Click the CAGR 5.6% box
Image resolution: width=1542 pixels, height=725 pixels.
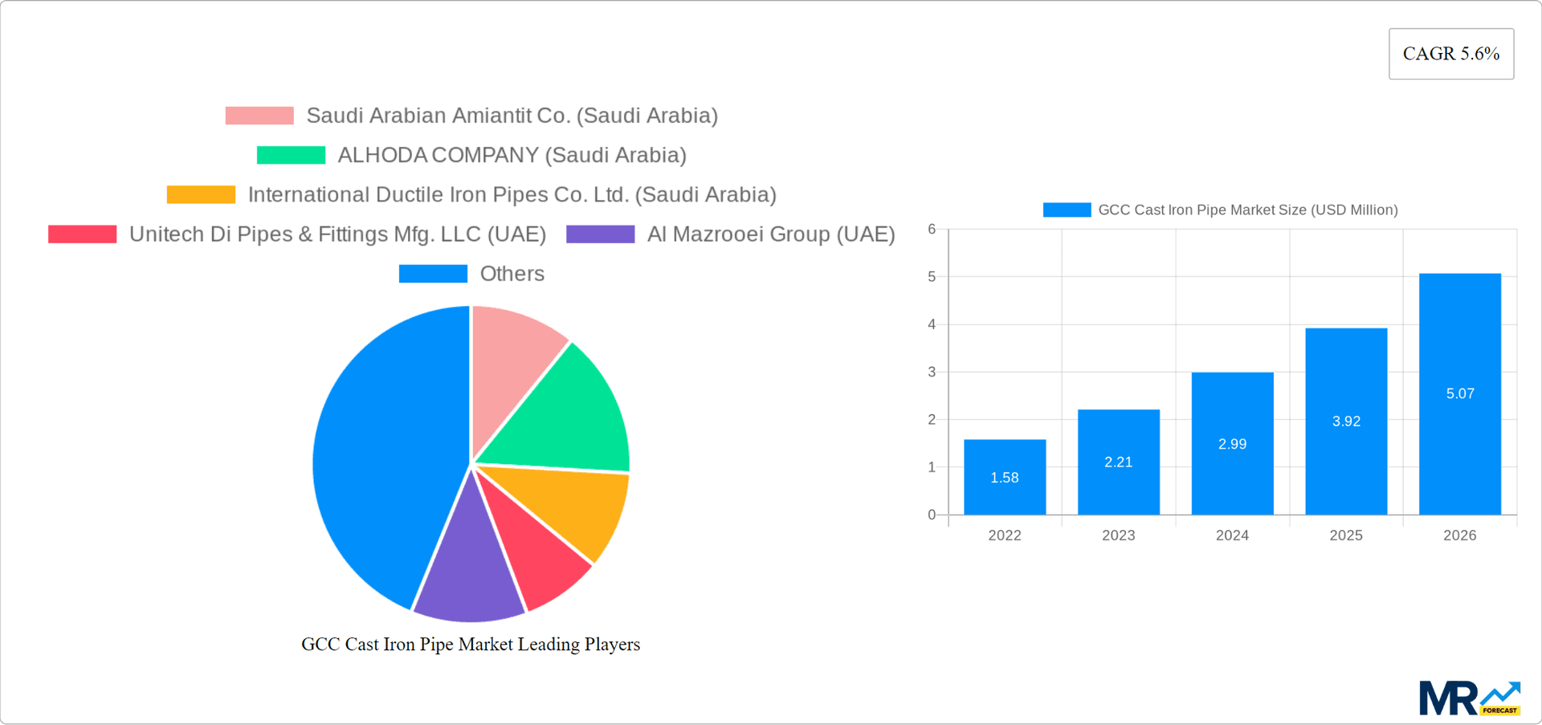pyautogui.click(x=1450, y=54)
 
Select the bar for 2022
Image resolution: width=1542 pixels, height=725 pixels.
pyautogui.click(x=1005, y=477)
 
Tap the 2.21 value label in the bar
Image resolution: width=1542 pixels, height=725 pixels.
pyautogui.click(x=1118, y=462)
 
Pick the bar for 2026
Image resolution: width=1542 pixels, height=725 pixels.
pyautogui.click(x=1459, y=393)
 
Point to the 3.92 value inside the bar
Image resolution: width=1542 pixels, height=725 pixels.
pyautogui.click(x=1346, y=422)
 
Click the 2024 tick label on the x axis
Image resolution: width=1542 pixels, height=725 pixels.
pyautogui.click(x=1232, y=536)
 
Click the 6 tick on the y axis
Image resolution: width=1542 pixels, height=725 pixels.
pyautogui.click(x=932, y=230)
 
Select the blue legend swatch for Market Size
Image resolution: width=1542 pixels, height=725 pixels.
pyautogui.click(x=1067, y=210)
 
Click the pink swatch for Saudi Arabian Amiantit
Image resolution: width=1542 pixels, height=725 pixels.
pyautogui.click(x=259, y=116)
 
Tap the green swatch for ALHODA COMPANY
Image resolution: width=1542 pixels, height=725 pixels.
pyautogui.click(x=291, y=155)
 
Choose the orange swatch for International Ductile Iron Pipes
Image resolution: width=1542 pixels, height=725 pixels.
pyautogui.click(x=201, y=194)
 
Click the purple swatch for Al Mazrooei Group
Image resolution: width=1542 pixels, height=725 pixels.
pyautogui.click(x=600, y=234)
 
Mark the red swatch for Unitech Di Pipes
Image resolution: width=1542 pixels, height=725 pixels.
pyautogui.click(x=82, y=234)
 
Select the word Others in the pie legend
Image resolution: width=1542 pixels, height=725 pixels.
pyautogui.click(x=512, y=274)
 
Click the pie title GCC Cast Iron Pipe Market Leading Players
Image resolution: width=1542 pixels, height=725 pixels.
pyautogui.click(x=471, y=645)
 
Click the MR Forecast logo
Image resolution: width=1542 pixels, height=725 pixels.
pyautogui.click(x=1469, y=699)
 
